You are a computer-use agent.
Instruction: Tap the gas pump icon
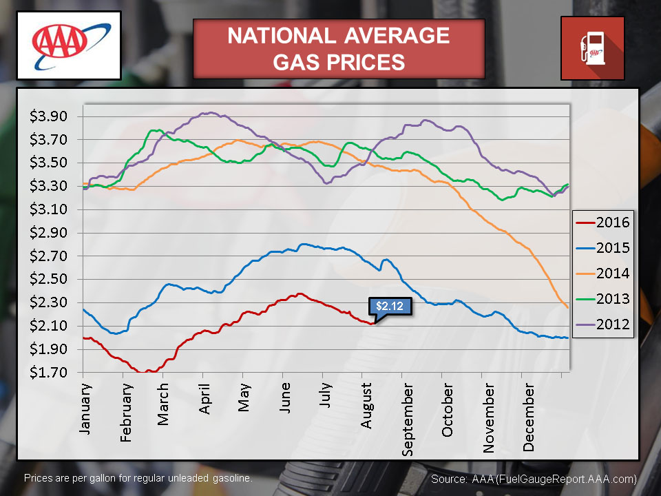point(592,48)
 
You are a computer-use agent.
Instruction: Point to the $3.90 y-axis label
point(48,116)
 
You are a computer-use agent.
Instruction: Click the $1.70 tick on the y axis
point(48,373)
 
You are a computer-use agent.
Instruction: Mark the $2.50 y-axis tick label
point(48,280)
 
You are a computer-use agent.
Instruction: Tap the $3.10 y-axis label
point(48,209)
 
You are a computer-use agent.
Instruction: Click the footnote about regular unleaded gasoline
point(138,477)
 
